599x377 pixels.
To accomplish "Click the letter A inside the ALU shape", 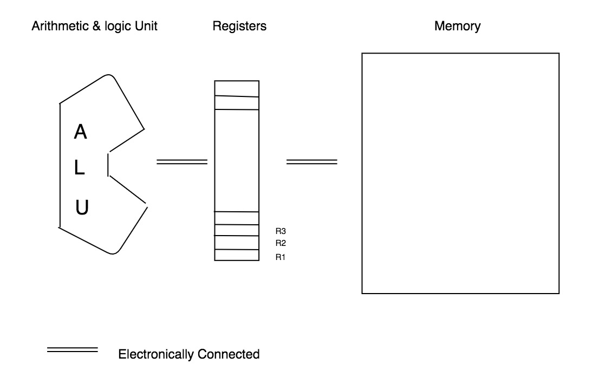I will click(80, 132).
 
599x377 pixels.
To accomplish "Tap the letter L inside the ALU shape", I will click(80, 169).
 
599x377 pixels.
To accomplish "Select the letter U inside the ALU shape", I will click(81, 207).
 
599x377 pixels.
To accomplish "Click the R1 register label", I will click(281, 257).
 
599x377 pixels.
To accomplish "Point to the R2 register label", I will click(281, 243).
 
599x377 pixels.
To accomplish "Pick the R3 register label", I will click(281, 231).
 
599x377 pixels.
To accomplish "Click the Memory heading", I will click(457, 26).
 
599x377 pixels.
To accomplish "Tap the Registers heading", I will click(239, 26).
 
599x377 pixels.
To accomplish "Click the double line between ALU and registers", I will click(182, 161).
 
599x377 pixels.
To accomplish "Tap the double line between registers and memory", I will click(311, 161).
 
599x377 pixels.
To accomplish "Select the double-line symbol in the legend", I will click(73, 350).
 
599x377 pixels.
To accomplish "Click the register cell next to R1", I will click(236, 255).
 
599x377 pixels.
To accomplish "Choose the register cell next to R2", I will click(236, 243).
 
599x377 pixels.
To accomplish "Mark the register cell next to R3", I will click(236, 230).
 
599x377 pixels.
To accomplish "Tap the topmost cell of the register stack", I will click(236, 88).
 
